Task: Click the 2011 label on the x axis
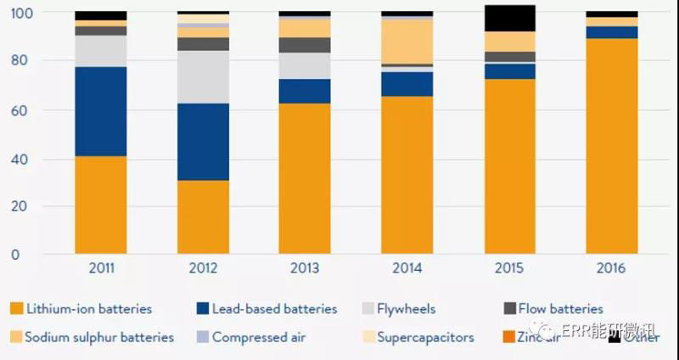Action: tap(100, 268)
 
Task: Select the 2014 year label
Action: tap(407, 268)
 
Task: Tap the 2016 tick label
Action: tap(611, 268)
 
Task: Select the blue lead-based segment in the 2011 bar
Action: tap(100, 111)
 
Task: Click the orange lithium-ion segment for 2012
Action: tap(203, 217)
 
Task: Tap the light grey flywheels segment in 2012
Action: tap(203, 76)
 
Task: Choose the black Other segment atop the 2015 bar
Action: tap(509, 18)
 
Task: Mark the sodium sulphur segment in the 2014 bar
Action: tap(407, 42)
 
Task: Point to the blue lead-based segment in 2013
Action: tap(305, 91)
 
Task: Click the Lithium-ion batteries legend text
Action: tap(88, 309)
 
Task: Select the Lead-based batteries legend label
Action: tap(274, 309)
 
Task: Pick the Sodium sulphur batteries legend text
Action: tap(98, 337)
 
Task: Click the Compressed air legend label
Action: tap(258, 337)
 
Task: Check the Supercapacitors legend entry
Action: tap(425, 337)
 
